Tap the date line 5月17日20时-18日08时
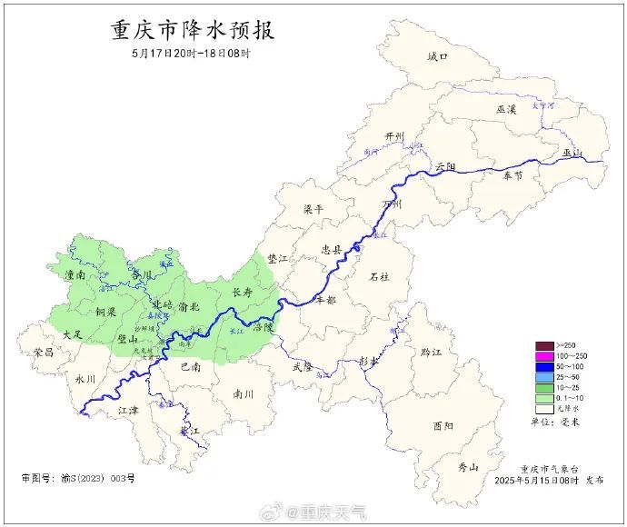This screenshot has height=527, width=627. point(190,54)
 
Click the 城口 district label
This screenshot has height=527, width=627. point(438,56)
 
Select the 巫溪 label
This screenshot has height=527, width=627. point(506,109)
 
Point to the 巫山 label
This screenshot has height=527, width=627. point(572,153)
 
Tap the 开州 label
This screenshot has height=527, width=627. point(394,137)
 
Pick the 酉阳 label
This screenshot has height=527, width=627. point(443,425)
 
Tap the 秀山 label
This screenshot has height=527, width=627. point(468,467)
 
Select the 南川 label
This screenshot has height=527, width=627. point(244,394)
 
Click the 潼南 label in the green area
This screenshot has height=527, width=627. point(75,273)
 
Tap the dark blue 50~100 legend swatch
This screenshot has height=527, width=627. point(543,365)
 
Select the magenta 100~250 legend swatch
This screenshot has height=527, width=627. point(543,355)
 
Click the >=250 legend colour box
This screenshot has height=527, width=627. point(543,345)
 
